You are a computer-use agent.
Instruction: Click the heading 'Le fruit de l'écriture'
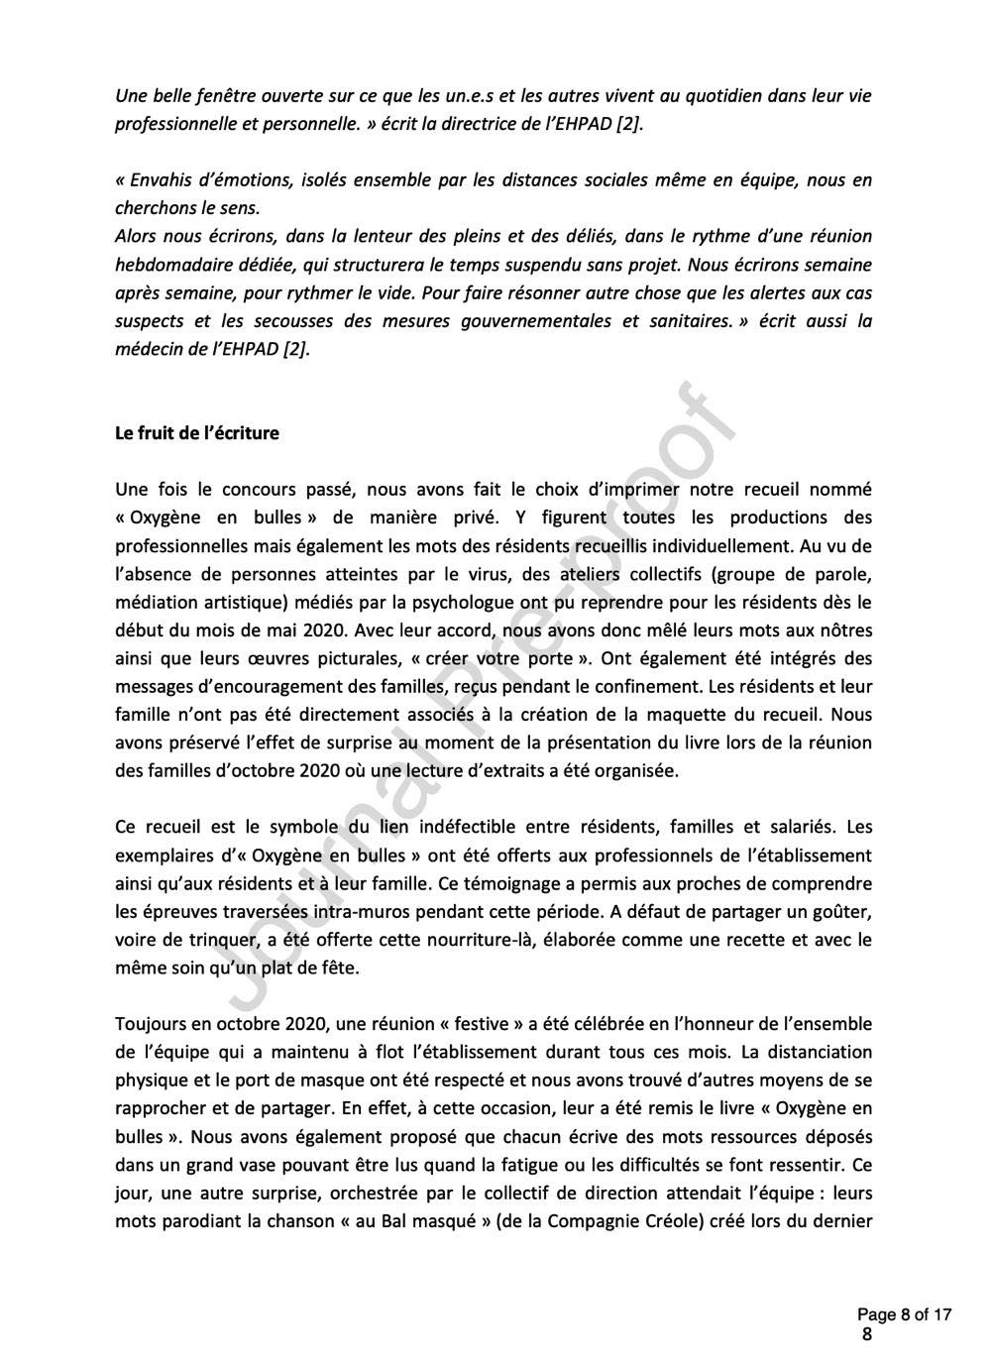197,433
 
